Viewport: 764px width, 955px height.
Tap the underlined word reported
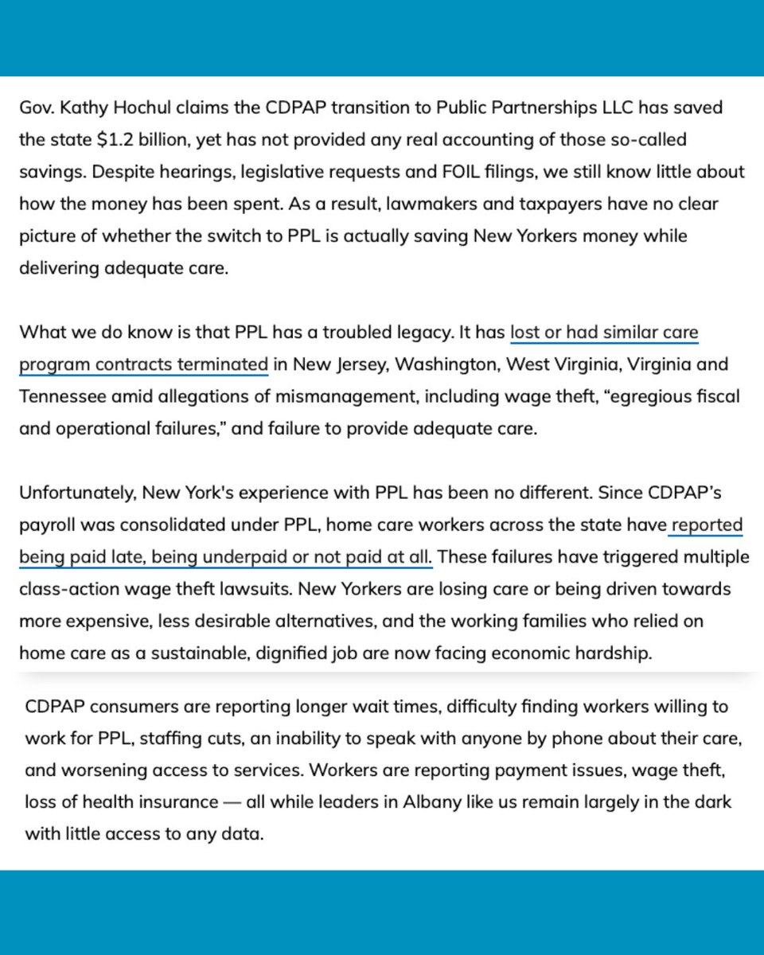(x=707, y=525)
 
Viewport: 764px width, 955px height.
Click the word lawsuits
(x=251, y=589)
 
